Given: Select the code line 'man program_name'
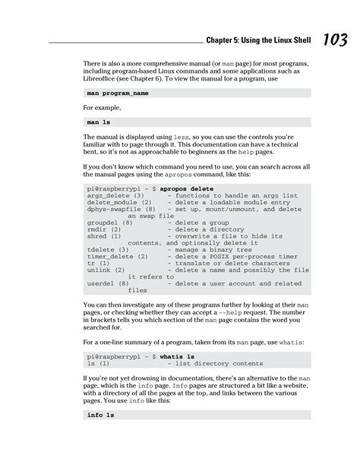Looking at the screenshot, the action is (x=118, y=93).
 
